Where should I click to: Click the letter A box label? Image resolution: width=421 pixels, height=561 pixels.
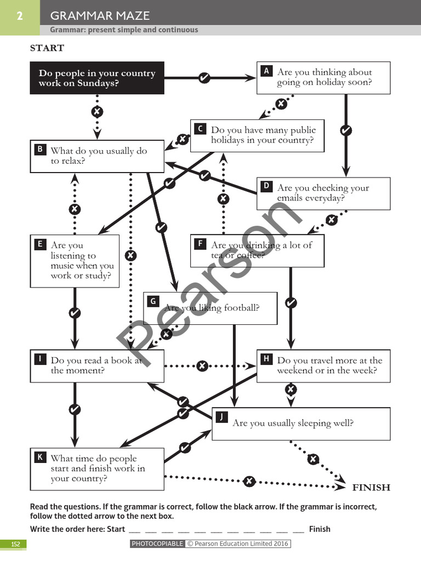pos(266,71)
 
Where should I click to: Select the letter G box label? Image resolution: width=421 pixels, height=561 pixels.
pos(153,301)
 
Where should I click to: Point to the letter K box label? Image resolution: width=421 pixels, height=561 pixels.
pos(40,457)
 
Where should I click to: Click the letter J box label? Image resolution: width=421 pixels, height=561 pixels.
pos(221,417)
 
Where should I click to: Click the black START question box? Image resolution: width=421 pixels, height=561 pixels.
pos(97,78)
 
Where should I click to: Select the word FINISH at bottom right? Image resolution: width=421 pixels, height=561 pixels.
pos(371,487)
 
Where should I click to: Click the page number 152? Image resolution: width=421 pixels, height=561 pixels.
pos(15,544)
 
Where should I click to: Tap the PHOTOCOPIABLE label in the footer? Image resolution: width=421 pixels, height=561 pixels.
pos(157,544)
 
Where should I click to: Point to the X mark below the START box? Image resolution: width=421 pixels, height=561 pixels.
pos(97,112)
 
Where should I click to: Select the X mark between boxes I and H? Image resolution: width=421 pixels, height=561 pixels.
pos(202,365)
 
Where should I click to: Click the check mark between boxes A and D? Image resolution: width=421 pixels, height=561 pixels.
pos(345,130)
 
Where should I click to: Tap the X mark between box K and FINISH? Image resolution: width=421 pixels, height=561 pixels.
pos(249,481)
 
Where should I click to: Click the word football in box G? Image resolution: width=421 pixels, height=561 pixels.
pos(241,308)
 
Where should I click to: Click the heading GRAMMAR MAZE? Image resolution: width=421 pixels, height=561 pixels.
pos(100,16)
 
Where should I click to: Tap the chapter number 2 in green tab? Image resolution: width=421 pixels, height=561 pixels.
pos(20,16)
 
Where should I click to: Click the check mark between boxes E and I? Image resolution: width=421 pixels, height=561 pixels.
pos(75,313)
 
